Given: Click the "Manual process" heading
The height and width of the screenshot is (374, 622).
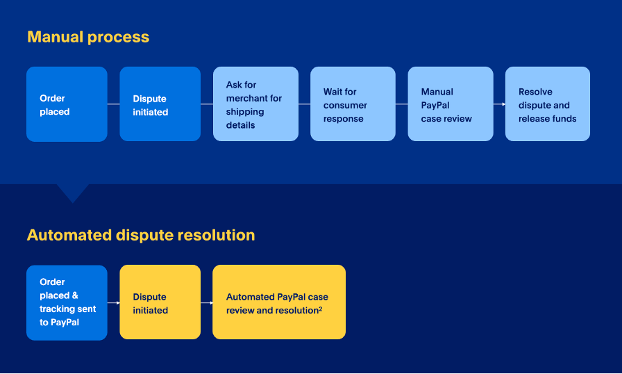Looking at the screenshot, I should pyautogui.click(x=88, y=37).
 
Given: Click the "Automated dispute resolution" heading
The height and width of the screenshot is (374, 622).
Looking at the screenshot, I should pyautogui.click(x=141, y=235).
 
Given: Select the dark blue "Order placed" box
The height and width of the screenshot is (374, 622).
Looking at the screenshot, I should pyautogui.click(x=67, y=104).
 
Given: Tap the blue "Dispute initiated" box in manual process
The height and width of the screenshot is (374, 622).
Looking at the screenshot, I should pyautogui.click(x=160, y=104).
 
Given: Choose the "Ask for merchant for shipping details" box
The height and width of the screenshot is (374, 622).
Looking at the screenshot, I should pyautogui.click(x=255, y=104).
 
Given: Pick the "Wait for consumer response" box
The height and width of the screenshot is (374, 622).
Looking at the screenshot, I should pyautogui.click(x=353, y=104).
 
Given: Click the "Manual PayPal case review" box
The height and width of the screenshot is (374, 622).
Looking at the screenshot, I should pyautogui.click(x=450, y=104).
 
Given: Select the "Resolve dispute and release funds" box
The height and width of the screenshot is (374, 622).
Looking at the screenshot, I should pyautogui.click(x=547, y=104).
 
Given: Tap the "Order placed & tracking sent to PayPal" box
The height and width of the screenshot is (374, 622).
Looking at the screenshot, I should pyautogui.click(x=67, y=302).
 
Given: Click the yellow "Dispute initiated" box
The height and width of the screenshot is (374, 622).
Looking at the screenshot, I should pyautogui.click(x=160, y=302).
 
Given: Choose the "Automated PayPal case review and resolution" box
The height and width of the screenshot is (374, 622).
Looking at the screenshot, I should pyautogui.click(x=278, y=302).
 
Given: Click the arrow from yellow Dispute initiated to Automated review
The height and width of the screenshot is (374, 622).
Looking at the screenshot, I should pyautogui.click(x=207, y=302).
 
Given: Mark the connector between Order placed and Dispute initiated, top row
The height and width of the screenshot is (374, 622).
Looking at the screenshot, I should pyautogui.click(x=113, y=104).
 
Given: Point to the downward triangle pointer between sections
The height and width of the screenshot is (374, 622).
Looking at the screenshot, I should pyautogui.click(x=72, y=192).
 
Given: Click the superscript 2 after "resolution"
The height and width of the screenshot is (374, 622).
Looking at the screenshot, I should pyautogui.click(x=320, y=309).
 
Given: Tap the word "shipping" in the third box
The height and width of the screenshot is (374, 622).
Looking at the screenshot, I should pyautogui.click(x=245, y=112).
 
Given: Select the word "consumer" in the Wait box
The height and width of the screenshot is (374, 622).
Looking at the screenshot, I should pyautogui.click(x=345, y=105).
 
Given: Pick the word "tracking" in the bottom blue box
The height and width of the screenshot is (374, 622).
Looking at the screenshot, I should pyautogui.click(x=58, y=309).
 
